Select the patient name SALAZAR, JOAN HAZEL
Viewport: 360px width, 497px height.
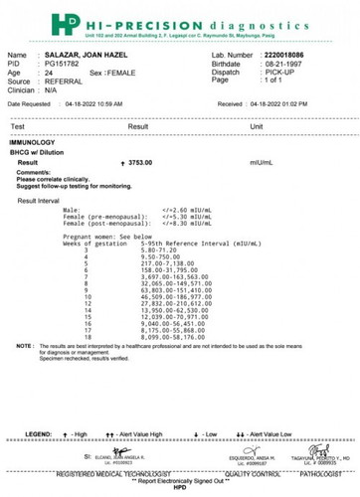[99, 56]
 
